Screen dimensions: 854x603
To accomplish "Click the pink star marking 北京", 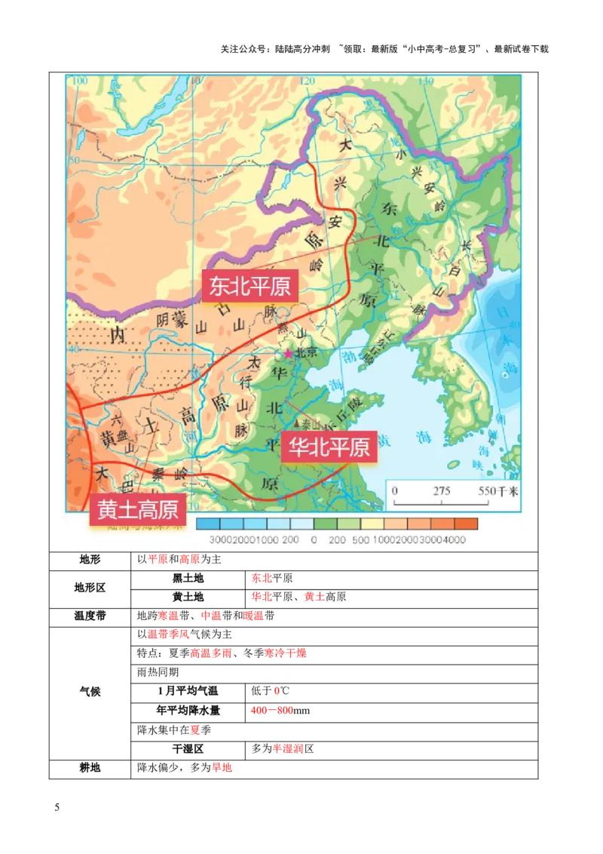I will tap(287, 353).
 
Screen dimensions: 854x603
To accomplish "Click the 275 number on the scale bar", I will tap(442, 491).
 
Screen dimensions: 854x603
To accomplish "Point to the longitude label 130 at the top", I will tap(427, 81).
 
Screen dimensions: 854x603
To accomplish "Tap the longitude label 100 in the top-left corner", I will tap(79, 81).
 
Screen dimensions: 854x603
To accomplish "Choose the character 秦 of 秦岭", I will tap(158, 475).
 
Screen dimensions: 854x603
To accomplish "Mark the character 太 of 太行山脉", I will tap(254, 363).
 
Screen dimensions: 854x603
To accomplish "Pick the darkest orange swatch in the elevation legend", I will tap(466, 524).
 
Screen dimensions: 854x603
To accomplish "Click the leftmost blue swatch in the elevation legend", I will tap(208, 524).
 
